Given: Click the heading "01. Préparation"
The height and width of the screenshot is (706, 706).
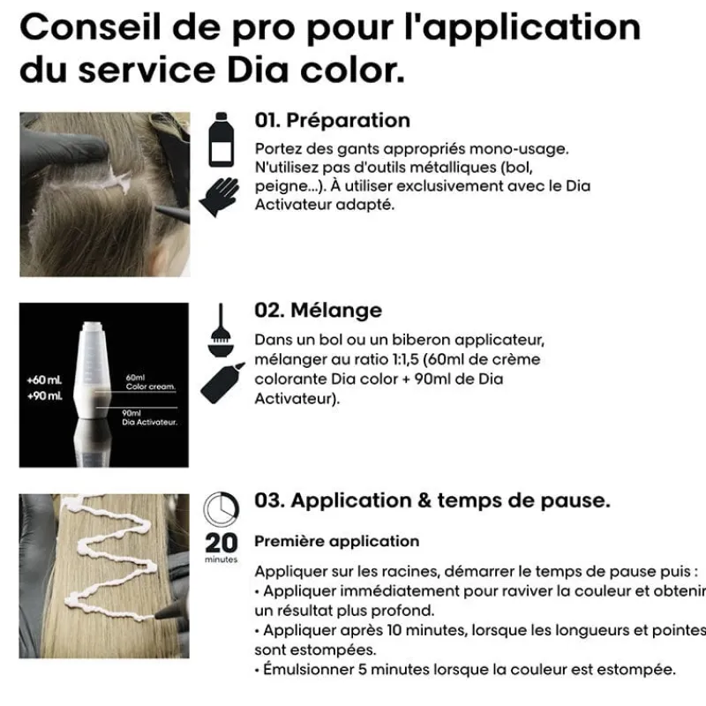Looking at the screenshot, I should pyautogui.click(x=332, y=121).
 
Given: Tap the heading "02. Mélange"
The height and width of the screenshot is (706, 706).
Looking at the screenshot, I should pyautogui.click(x=318, y=311).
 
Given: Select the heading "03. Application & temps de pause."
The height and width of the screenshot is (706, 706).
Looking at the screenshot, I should pyautogui.click(x=432, y=501).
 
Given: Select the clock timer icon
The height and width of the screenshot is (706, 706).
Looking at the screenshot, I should pyautogui.click(x=221, y=510).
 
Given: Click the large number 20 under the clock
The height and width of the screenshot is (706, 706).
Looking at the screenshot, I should pyautogui.click(x=221, y=542).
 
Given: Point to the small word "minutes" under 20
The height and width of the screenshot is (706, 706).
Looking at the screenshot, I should pyautogui.click(x=221, y=560).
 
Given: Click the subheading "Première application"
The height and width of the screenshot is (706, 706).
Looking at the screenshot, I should pyautogui.click(x=336, y=541).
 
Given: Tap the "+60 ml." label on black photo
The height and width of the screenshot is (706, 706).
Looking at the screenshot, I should pyautogui.click(x=43, y=380).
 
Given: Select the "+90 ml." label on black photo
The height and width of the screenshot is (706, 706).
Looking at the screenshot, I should pyautogui.click(x=43, y=395).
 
